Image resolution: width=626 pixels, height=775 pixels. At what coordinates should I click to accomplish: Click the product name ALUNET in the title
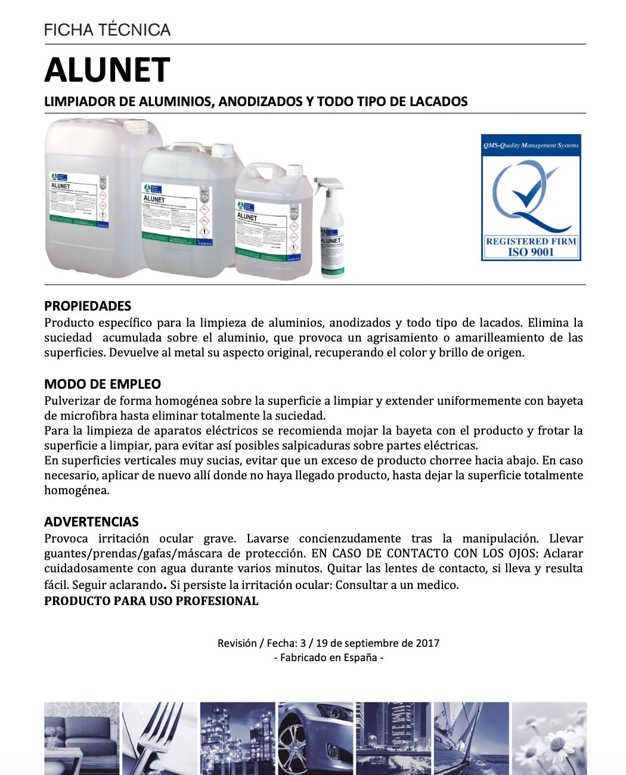coord(107,70)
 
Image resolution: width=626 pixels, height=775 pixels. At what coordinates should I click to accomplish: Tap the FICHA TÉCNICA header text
coord(107,30)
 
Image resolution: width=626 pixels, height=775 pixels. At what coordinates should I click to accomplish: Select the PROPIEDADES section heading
coord(88,306)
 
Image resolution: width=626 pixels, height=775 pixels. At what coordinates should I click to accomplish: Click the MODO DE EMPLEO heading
coord(103,384)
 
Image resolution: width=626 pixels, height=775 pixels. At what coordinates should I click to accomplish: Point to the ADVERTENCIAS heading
coord(91,522)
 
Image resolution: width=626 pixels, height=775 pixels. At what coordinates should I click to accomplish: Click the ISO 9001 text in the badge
coord(531,252)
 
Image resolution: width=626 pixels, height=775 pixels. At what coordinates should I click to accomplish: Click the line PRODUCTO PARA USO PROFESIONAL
coord(151,601)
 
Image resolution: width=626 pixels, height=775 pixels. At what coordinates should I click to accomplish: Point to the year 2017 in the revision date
coord(427,643)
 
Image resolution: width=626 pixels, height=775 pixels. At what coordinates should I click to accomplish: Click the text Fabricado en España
coord(329,658)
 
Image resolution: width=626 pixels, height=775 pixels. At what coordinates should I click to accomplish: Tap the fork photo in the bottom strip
coord(159,738)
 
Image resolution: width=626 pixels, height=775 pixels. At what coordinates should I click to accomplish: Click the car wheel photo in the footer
coord(315,738)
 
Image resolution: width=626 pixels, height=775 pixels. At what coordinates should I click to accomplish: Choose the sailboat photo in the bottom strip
coord(471,738)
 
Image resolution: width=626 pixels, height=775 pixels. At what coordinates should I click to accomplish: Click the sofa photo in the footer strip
coord(82,738)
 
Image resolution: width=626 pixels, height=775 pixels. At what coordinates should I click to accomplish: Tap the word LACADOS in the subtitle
coord(438,101)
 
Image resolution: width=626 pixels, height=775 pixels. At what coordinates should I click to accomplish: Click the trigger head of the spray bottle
coord(325,187)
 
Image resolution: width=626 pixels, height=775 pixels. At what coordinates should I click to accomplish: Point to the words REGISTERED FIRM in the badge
coord(531,241)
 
